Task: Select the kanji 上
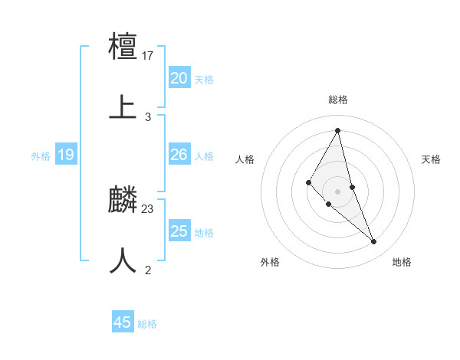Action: click(123, 106)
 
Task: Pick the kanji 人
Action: click(123, 260)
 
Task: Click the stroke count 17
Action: click(149, 56)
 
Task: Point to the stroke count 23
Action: click(149, 208)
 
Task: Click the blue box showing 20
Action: click(179, 78)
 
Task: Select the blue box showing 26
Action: click(179, 155)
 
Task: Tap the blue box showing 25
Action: click(179, 231)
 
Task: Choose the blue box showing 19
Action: click(66, 155)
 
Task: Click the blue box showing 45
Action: click(123, 322)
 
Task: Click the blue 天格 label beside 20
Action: click(204, 80)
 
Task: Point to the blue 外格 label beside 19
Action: click(41, 156)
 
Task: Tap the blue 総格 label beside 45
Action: click(147, 324)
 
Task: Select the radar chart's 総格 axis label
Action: click(338, 100)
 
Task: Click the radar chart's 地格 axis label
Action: click(402, 262)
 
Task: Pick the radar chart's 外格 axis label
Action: click(270, 262)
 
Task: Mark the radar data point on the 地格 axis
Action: click(374, 242)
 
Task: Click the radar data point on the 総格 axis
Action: click(338, 130)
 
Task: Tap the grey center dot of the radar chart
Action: click(338, 191)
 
